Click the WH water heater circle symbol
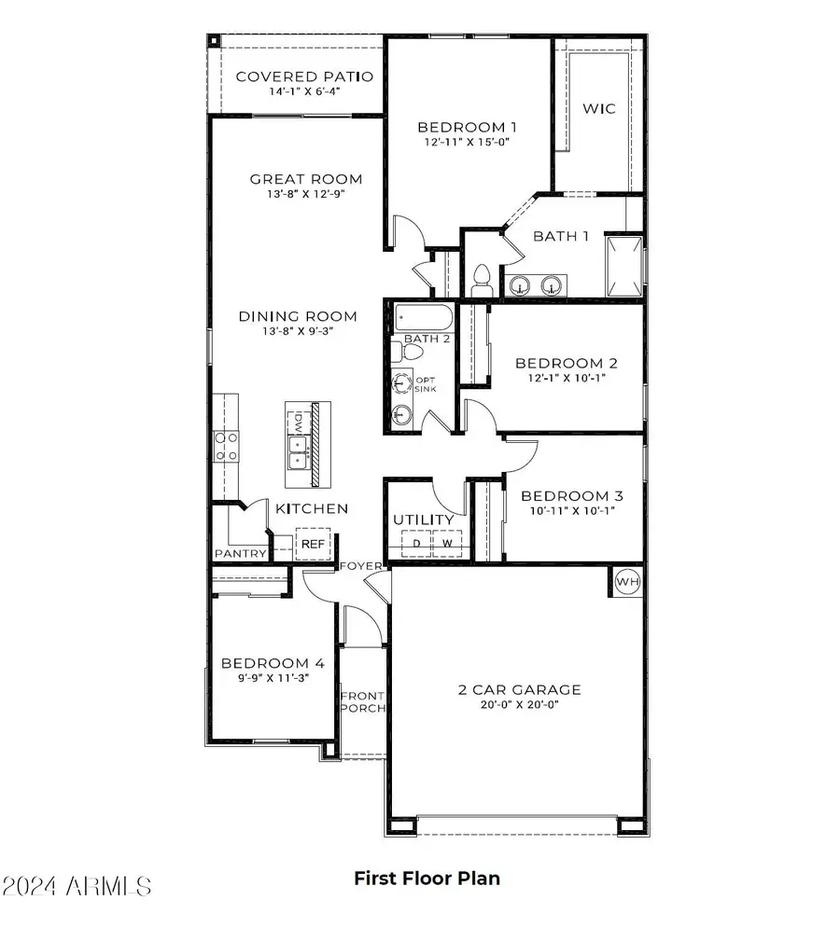coord(627,582)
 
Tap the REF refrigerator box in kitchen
coord(310,544)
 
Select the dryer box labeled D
coord(416,543)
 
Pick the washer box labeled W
coord(447,543)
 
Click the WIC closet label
coord(599,108)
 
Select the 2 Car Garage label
coord(519,689)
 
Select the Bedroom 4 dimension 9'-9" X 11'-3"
coord(273,678)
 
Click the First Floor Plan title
coord(427,878)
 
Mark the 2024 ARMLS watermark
coord(77,883)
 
